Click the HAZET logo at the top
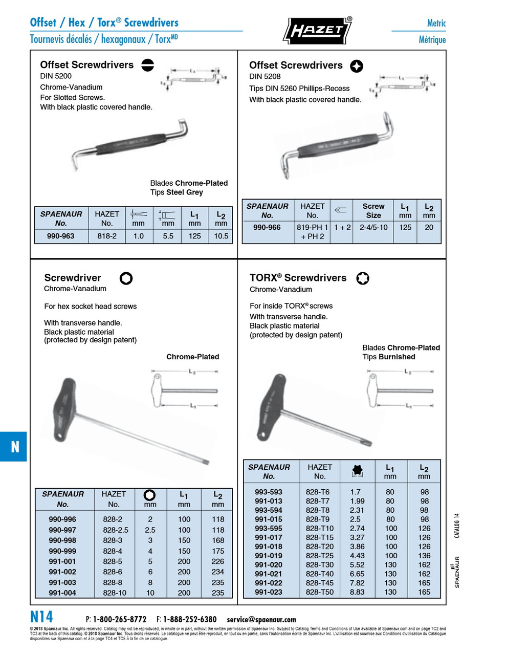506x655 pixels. [317, 30]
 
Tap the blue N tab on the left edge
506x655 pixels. [14, 447]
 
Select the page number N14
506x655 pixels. [41, 617]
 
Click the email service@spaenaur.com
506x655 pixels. [261, 619]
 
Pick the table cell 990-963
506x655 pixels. [60, 236]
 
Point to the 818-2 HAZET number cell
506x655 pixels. [107, 236]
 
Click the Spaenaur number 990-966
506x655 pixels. [267, 227]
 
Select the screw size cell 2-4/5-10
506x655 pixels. [373, 227]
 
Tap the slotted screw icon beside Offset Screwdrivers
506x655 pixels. [147, 65]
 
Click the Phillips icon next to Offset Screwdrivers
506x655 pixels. [357, 66]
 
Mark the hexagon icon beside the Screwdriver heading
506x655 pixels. [126, 278]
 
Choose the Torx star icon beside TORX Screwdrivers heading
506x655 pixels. [363, 278]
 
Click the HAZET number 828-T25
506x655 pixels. [319, 556]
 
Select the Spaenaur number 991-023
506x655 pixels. [268, 592]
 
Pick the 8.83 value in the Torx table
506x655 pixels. [357, 592]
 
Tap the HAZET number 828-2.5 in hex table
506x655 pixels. [116, 530]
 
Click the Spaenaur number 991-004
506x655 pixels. [62, 593]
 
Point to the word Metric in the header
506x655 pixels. [436, 23]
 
